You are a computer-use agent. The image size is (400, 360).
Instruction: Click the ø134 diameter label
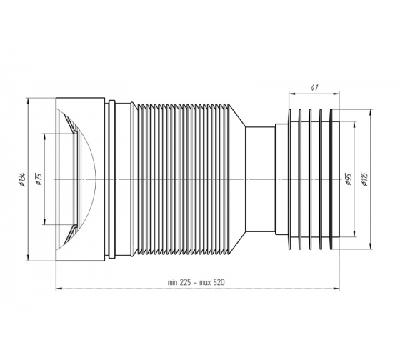point(22,179)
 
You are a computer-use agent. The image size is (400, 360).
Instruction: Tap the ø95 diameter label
point(349,179)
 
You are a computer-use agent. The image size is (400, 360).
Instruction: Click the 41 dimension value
point(314,88)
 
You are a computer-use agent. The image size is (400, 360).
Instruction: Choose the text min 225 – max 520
point(196,282)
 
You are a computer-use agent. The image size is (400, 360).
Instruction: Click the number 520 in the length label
point(219,282)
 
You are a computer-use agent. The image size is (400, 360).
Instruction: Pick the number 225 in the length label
point(186,282)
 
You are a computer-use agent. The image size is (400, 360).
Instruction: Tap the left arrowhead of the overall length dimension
point(59,289)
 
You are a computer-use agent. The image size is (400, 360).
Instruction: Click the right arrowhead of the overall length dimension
point(336,289)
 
